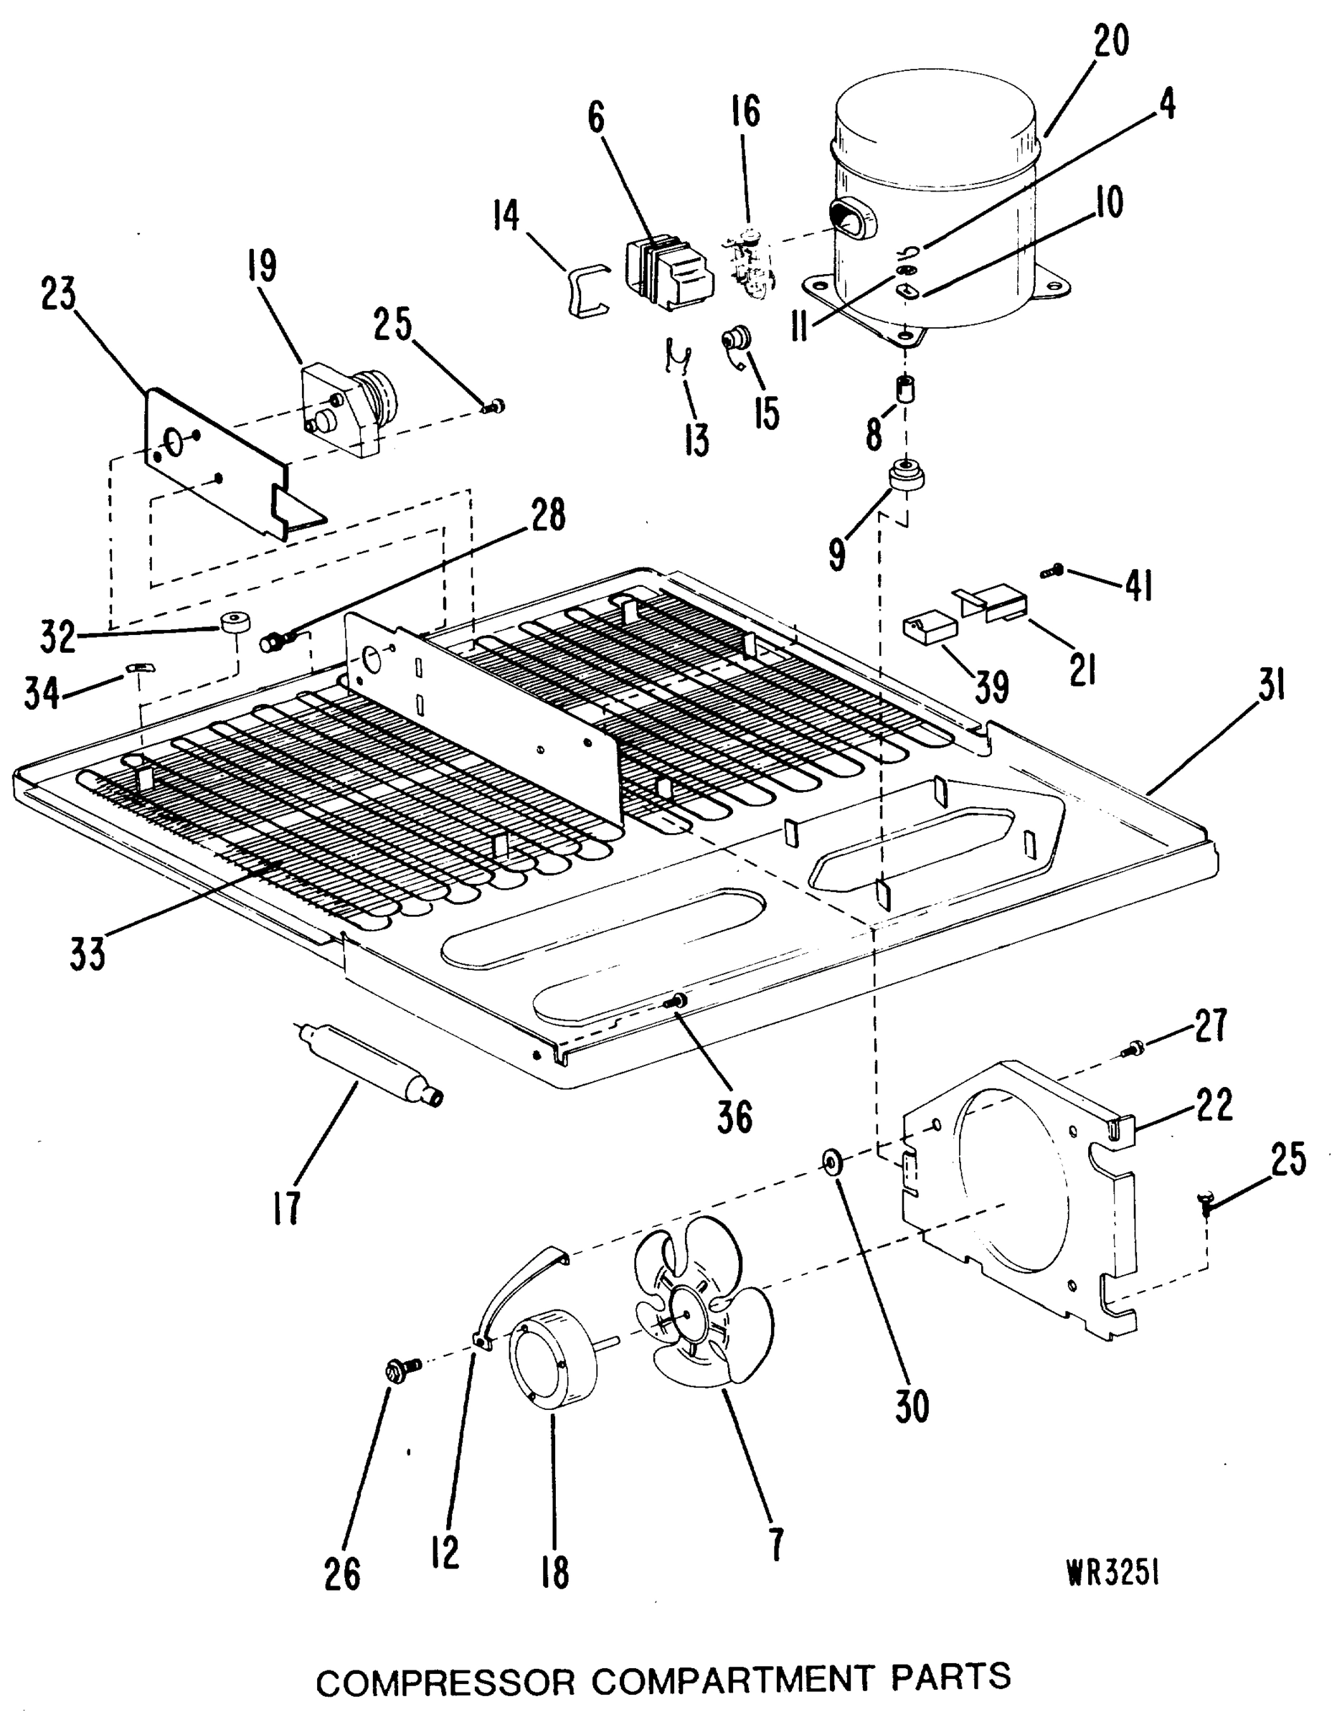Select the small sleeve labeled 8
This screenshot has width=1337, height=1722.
click(906, 390)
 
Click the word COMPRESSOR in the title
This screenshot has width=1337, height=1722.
click(446, 1676)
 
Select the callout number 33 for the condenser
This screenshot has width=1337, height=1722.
click(87, 956)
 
